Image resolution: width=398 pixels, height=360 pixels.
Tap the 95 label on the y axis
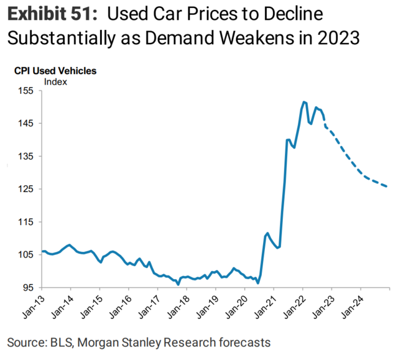pyautogui.click(x=27, y=288)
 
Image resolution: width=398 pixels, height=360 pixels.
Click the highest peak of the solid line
pyautogui.click(x=303, y=101)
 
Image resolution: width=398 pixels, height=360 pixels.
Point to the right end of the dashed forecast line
pyautogui.click(x=388, y=187)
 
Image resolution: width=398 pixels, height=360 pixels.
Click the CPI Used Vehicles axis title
pyautogui.click(x=55, y=70)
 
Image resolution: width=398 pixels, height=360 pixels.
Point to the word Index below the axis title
pyautogui.click(x=55, y=81)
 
